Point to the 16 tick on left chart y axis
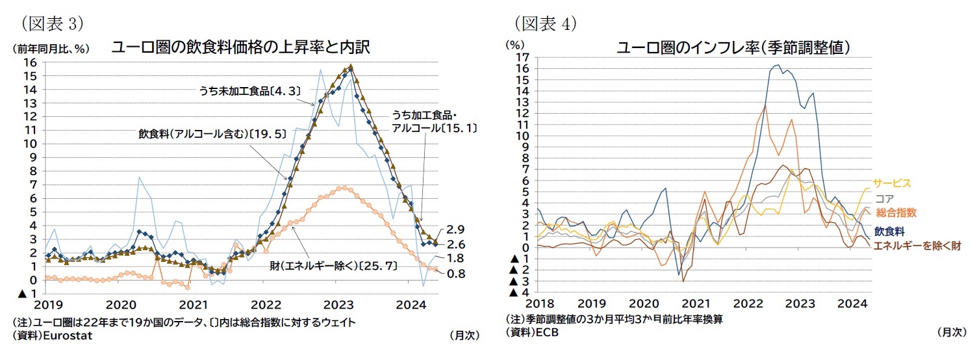pos(29,62)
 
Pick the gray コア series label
pos(884,199)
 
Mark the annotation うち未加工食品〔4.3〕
pos(249,92)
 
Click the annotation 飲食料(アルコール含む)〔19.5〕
pos(203,134)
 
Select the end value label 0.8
pos(456,274)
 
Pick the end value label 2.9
pos(456,230)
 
